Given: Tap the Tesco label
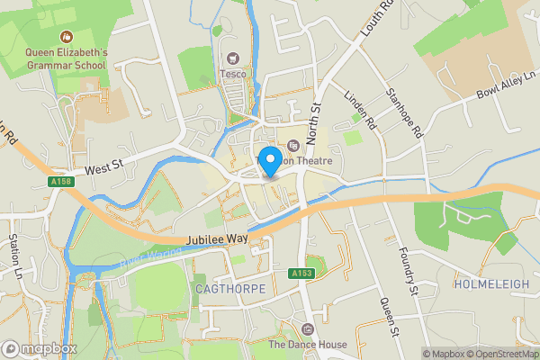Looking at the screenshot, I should tap(235, 74).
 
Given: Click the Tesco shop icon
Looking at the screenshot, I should tap(235, 58).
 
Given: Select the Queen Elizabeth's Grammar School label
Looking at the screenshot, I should tap(66, 58).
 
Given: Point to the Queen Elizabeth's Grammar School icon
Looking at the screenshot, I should tap(66, 37).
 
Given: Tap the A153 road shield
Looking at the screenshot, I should tap(301, 273).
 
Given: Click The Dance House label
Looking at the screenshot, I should tap(308, 345).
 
